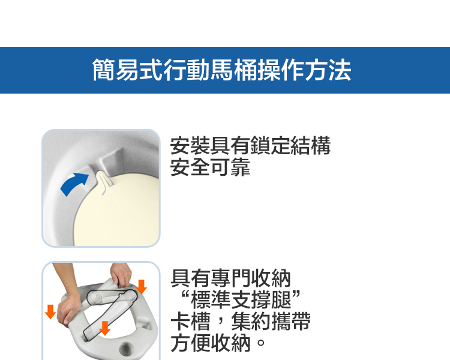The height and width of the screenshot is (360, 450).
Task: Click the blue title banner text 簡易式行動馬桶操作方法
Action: [x=221, y=70]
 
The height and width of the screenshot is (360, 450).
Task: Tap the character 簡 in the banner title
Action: [x=104, y=70]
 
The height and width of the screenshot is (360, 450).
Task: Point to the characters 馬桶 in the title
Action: [x=233, y=70]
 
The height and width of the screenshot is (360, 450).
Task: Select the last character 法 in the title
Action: [x=340, y=70]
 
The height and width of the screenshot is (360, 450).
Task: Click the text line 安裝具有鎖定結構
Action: [x=250, y=146]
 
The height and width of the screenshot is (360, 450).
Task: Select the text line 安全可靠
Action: [x=211, y=167]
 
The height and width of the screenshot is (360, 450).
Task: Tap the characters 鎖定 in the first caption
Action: [x=271, y=146]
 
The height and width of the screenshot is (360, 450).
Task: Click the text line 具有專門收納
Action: [x=231, y=278]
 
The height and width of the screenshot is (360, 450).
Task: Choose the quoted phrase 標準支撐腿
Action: [x=241, y=299]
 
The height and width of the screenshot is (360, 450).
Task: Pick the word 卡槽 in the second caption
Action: [x=191, y=321]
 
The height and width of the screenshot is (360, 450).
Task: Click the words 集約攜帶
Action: [x=271, y=321]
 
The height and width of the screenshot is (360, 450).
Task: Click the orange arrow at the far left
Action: [x=50, y=312]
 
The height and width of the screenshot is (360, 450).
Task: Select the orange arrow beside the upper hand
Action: [x=141, y=287]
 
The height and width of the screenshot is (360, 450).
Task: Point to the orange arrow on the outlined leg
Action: [x=105, y=328]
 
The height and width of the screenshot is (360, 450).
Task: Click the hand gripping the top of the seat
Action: [x=121, y=275]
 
